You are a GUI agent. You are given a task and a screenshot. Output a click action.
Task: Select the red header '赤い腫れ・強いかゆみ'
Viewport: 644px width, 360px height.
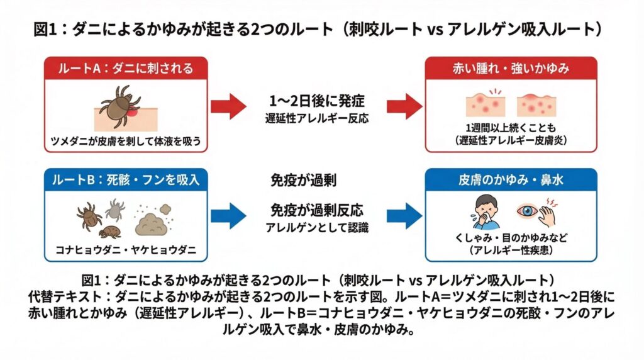[x=511, y=69]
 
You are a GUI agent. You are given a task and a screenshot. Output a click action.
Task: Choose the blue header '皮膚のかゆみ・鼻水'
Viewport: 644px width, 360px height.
[x=511, y=179]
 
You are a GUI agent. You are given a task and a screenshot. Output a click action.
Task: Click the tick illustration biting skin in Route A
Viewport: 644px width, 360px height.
[x=119, y=108]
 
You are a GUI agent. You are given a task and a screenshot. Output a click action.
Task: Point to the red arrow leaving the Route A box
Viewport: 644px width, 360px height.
[x=228, y=105]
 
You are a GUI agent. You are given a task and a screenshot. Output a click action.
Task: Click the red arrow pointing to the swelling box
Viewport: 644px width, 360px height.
[x=404, y=105]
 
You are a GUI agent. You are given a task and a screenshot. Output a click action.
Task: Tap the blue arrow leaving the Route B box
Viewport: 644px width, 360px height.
[x=228, y=217]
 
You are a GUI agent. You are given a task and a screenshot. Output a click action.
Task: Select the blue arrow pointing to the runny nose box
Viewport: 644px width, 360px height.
[x=404, y=217]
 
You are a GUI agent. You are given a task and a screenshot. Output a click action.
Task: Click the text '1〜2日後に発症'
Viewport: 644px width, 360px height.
[x=316, y=100]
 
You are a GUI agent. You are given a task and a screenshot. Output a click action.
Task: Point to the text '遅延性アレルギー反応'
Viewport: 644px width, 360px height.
[x=316, y=117]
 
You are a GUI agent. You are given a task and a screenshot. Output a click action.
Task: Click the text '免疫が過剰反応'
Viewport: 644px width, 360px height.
[x=316, y=210]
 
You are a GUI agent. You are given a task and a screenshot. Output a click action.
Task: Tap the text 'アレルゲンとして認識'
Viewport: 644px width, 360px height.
[x=316, y=227]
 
